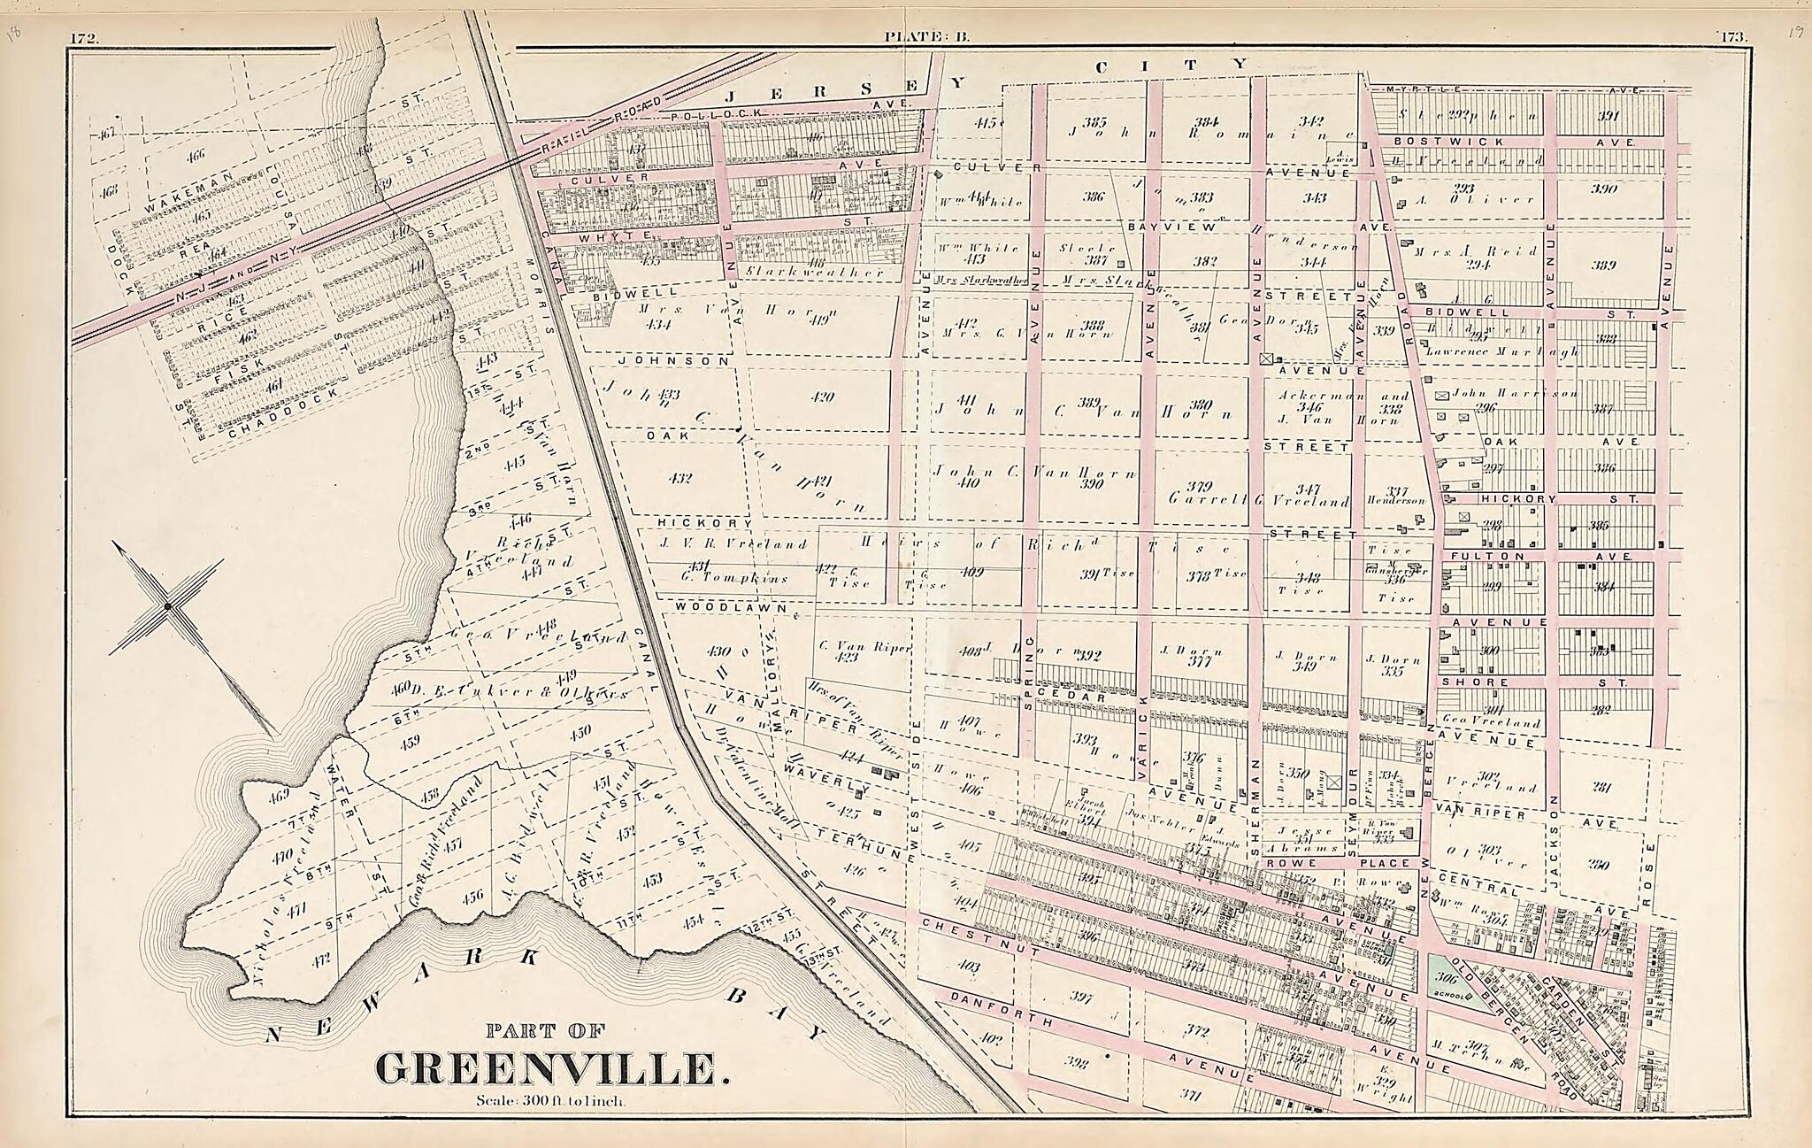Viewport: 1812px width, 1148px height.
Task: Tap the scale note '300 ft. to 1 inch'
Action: click(x=551, y=1102)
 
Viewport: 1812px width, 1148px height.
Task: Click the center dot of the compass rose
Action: click(x=166, y=606)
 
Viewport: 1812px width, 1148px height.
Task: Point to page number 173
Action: click(x=1731, y=37)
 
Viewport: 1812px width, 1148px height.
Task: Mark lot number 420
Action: click(x=822, y=397)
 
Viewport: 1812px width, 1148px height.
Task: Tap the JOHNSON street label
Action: click(x=674, y=361)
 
